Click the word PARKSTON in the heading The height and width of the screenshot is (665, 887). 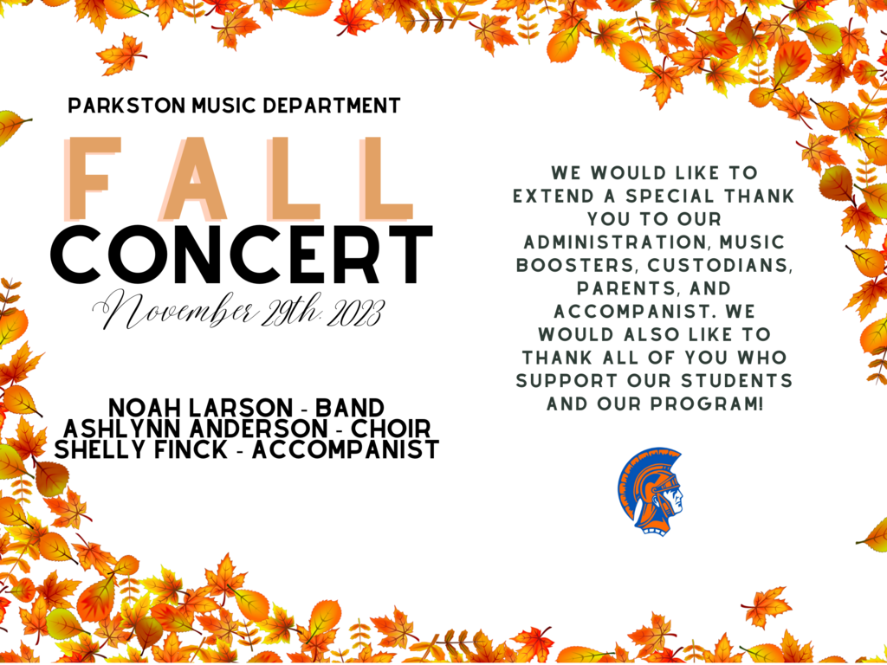[x=126, y=106]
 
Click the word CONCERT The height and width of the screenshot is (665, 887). [x=245, y=255]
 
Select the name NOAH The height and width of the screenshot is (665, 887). [x=144, y=408]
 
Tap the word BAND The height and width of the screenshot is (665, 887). [x=350, y=408]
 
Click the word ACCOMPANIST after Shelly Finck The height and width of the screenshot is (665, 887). [x=346, y=449]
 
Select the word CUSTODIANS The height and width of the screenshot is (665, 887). [x=720, y=265]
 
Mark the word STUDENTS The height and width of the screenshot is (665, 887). [x=737, y=381]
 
